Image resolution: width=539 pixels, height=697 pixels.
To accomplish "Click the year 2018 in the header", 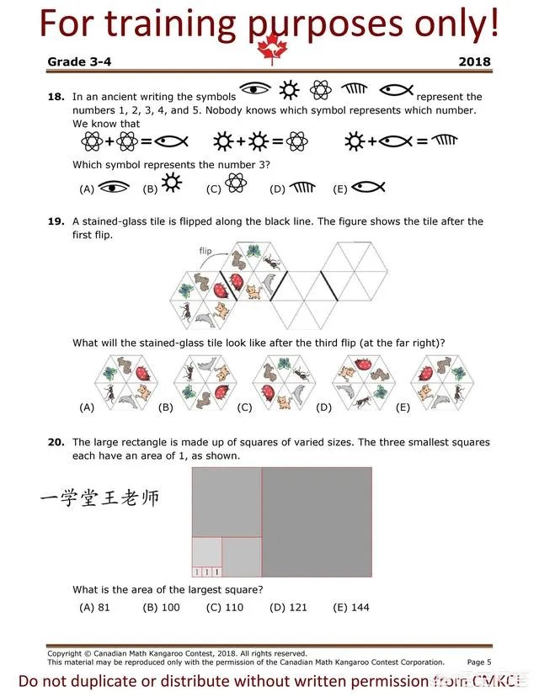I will click(474, 61).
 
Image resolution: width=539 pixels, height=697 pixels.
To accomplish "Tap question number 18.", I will click(56, 97).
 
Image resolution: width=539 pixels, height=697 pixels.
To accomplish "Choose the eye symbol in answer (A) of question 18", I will click(114, 188).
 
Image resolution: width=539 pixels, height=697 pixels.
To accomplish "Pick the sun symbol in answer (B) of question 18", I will click(172, 184).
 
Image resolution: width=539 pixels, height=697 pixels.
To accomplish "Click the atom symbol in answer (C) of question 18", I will click(237, 186).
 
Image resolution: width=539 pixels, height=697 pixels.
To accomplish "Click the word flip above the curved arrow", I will click(205, 251).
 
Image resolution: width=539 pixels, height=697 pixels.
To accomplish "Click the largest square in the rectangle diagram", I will click(317, 522).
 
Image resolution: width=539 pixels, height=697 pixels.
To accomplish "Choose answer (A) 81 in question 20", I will click(94, 607).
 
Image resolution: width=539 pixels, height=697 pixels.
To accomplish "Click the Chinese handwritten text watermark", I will click(99, 498).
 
